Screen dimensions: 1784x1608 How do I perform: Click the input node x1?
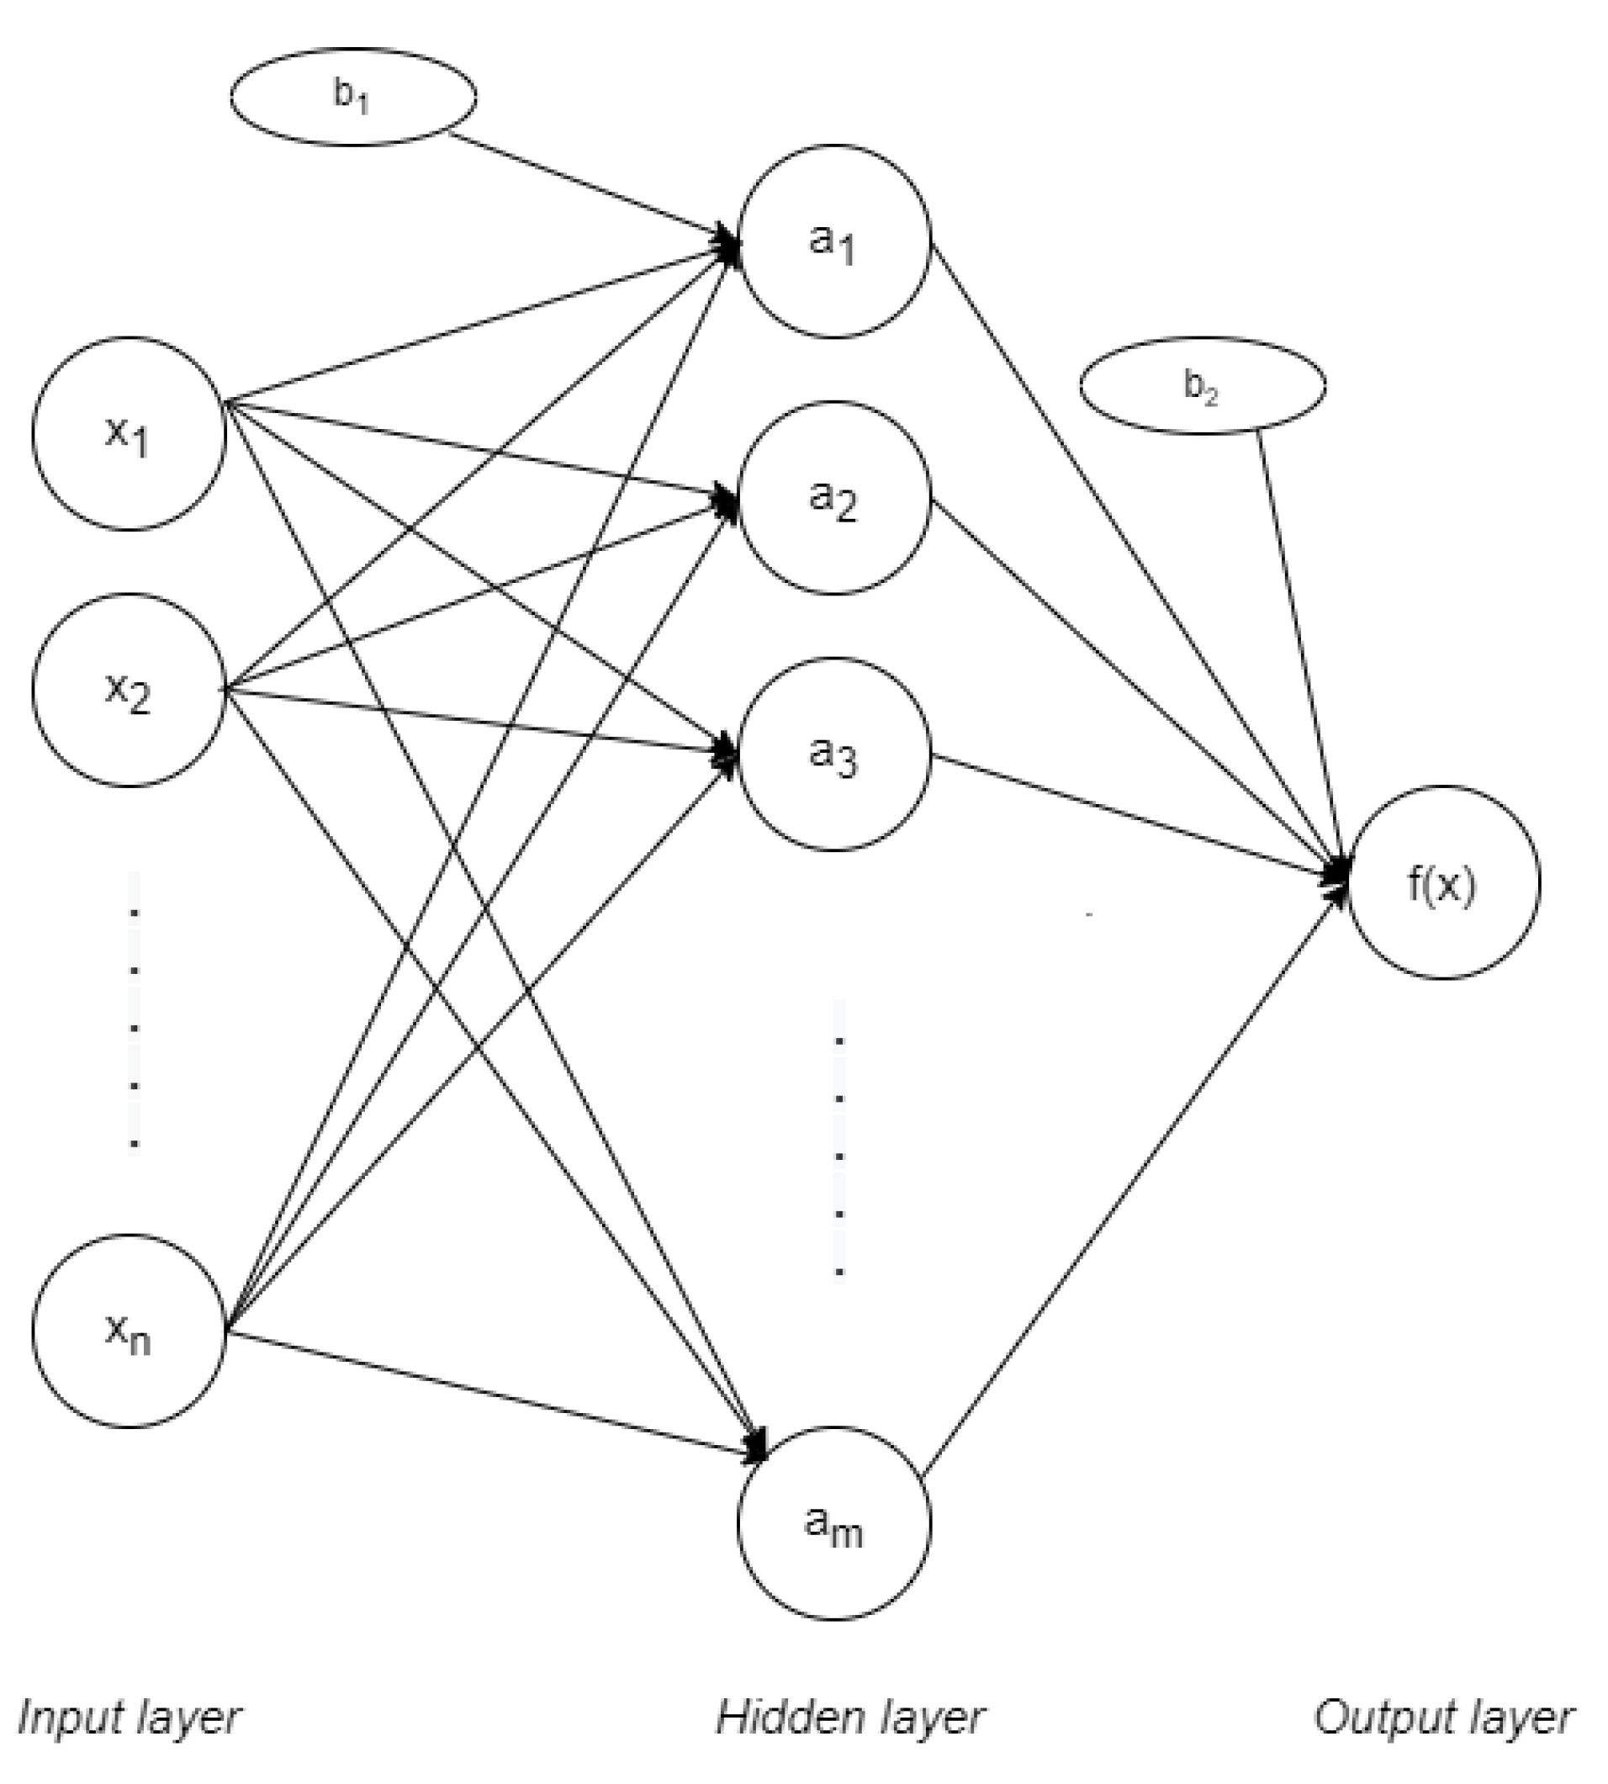[x=129, y=433]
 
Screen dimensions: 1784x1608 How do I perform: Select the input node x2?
[x=129, y=689]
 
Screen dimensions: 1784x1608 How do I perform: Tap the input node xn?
[x=129, y=1331]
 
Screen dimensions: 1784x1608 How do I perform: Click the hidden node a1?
[x=834, y=241]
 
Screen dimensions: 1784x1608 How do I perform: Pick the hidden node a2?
[x=834, y=496]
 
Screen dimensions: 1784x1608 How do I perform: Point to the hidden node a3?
[x=834, y=754]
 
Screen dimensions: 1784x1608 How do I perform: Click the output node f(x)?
[x=1443, y=881]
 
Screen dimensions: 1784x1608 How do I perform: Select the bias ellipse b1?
[x=353, y=97]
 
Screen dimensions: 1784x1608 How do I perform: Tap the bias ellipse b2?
[x=1203, y=385]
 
